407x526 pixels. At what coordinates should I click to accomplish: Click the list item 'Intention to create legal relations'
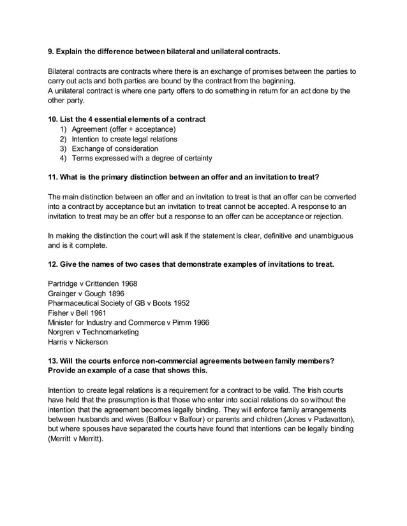(x=124, y=139)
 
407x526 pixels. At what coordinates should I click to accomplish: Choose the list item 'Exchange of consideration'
(x=115, y=148)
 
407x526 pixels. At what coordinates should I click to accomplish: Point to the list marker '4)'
(x=63, y=158)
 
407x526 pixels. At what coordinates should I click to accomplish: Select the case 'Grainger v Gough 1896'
(x=85, y=293)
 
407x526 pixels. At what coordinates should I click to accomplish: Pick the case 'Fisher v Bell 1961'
(x=77, y=313)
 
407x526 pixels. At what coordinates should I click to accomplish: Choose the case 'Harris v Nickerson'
(x=78, y=341)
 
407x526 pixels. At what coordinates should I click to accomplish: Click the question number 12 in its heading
(x=54, y=264)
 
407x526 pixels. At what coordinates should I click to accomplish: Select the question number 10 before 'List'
(x=54, y=119)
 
